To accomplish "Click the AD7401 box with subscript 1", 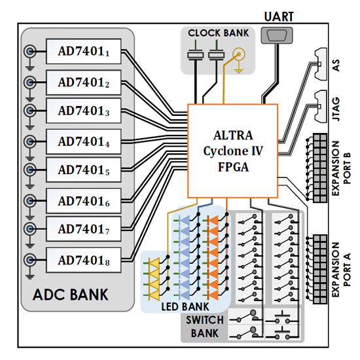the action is click(84, 52).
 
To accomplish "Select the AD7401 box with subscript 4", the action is click(84, 141).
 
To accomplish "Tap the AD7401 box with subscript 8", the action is click(84, 260).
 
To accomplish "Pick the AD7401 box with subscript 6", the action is click(84, 201).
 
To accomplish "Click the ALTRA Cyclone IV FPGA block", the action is click(233, 151).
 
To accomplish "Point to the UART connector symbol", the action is click(277, 35).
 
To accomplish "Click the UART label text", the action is click(279, 17).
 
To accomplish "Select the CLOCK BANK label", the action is click(218, 33).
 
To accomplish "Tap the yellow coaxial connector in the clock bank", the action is click(239, 54).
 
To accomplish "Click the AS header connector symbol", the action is click(321, 64).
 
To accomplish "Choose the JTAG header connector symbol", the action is click(321, 106).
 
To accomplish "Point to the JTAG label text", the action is click(336, 109).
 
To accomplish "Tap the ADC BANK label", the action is click(70, 295).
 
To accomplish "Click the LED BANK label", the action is click(185, 307).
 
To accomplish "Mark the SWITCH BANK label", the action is click(205, 327).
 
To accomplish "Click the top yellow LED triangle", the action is click(154, 263).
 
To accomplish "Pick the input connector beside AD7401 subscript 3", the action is click(30, 111).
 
